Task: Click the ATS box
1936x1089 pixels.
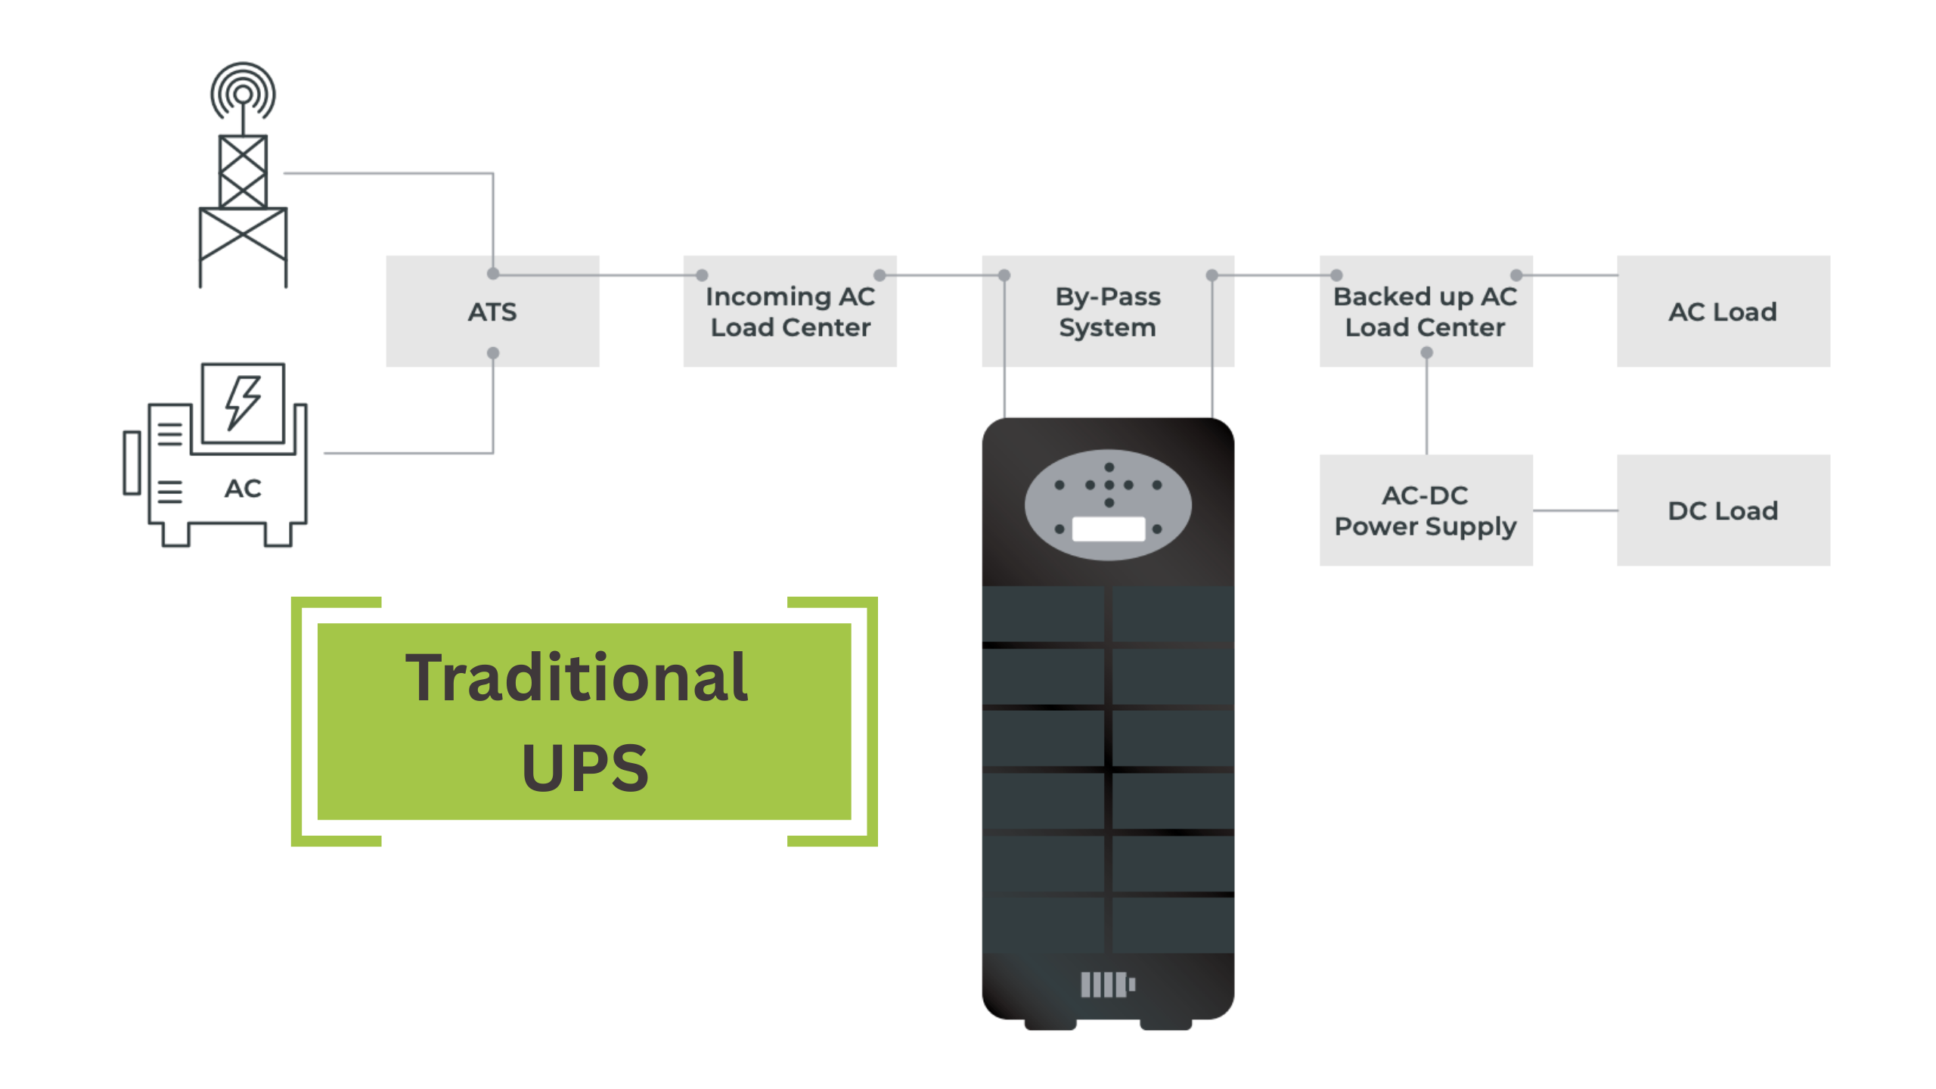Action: click(492, 312)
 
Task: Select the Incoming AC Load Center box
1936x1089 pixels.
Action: click(790, 312)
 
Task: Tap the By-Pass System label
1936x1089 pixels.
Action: click(1107, 312)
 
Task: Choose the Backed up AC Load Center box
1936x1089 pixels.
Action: click(1426, 312)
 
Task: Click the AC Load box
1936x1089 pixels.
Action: click(1723, 312)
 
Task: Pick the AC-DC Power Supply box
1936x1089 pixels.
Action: click(1426, 510)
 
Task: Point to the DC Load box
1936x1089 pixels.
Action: click(1723, 510)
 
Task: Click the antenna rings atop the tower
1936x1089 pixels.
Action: click(243, 91)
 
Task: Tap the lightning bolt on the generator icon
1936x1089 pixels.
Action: click(243, 402)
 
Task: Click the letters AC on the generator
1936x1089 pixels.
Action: click(243, 489)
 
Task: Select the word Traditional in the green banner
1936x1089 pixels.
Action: click(576, 678)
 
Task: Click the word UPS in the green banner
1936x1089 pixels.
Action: click(585, 768)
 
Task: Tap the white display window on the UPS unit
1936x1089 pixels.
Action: click(1108, 529)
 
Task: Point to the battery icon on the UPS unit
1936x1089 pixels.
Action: click(1108, 985)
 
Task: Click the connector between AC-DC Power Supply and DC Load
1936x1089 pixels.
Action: click(1575, 510)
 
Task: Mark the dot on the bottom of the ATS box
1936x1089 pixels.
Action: click(493, 353)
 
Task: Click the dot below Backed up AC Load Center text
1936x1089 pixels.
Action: click(1427, 353)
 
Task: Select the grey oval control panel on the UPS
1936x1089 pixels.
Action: click(1108, 504)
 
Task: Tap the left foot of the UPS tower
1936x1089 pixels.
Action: click(1050, 1025)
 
